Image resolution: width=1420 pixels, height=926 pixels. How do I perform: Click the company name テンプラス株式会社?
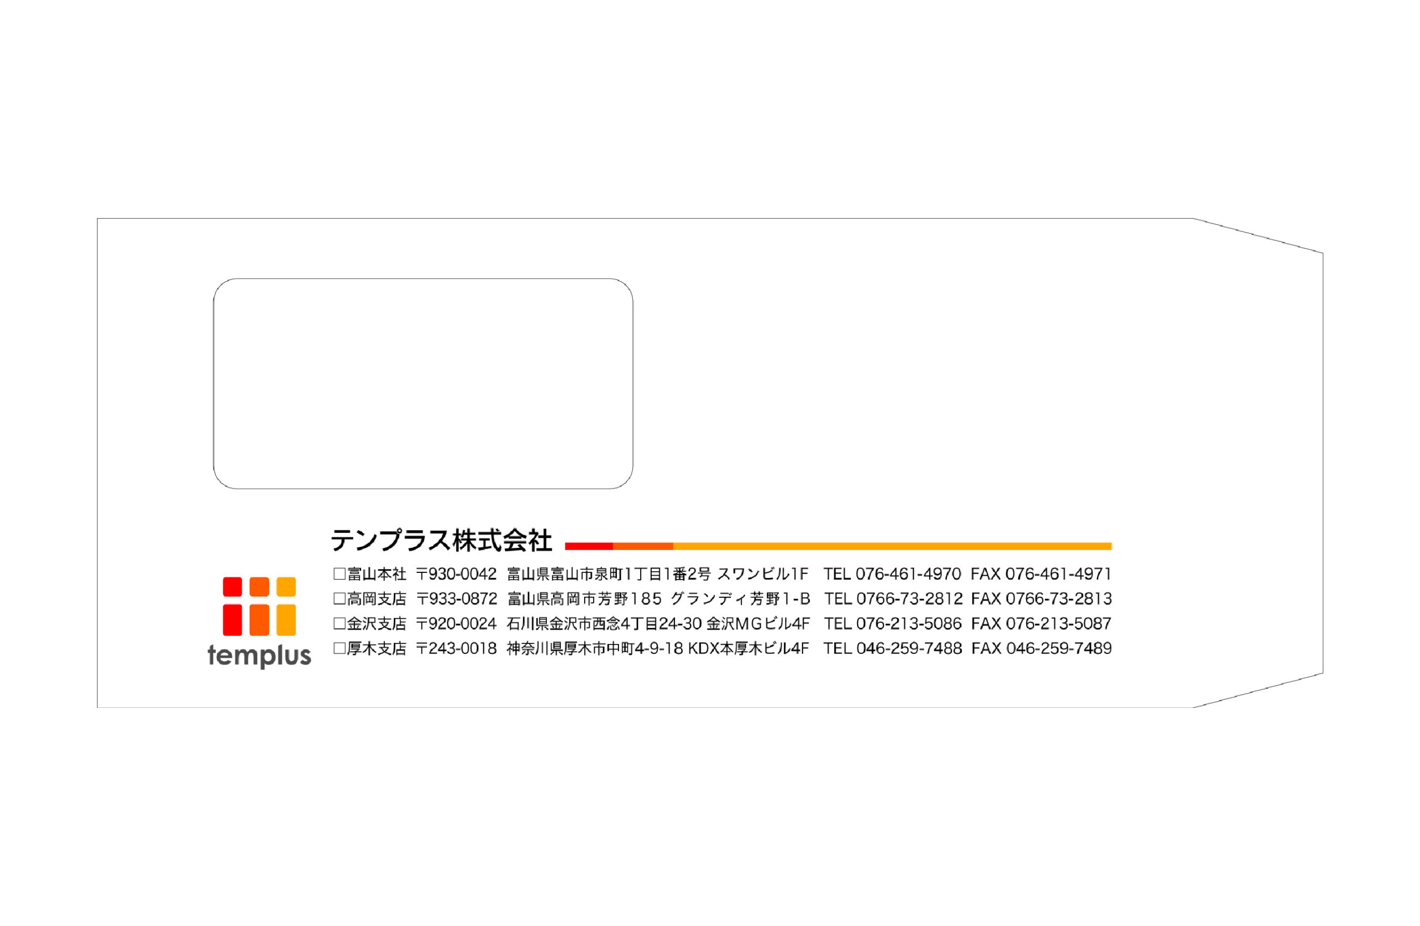(441, 540)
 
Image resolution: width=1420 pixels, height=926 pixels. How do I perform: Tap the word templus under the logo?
(260, 656)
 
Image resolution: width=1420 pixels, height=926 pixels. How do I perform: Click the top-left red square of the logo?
(232, 586)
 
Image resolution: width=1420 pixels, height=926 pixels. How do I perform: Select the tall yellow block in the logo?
(286, 620)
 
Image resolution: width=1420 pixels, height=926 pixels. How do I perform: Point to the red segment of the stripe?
(589, 546)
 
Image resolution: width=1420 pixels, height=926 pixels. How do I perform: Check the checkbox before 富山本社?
(339, 575)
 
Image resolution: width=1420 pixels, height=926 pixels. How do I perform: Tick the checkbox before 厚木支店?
(339, 648)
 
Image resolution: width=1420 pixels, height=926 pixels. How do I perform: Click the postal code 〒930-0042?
(457, 575)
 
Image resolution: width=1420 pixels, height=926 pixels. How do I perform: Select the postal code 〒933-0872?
(457, 599)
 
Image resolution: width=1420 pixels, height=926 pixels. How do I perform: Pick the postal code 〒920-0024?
(457, 624)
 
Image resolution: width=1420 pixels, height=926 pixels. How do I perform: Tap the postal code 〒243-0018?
(457, 648)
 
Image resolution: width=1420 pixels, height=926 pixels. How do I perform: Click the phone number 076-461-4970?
(908, 575)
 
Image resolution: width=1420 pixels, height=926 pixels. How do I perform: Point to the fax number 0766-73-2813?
(1059, 599)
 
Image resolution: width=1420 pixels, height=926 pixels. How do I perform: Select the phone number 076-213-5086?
(909, 624)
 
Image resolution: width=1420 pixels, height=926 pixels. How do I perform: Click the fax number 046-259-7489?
(1059, 648)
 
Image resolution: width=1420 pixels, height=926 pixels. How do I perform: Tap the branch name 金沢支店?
(377, 624)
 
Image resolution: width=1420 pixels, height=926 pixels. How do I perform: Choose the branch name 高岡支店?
(377, 599)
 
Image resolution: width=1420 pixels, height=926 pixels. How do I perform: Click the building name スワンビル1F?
(763, 575)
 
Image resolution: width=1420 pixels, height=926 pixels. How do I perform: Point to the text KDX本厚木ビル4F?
(749, 648)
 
